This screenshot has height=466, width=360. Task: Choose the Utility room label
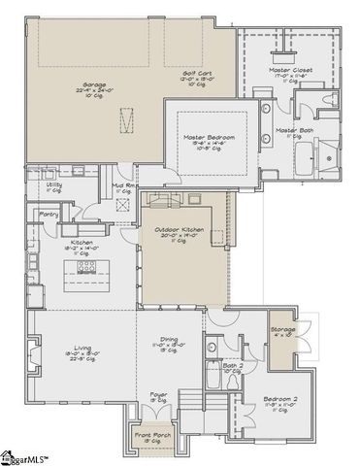pos(54,183)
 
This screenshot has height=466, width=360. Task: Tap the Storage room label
pos(283,331)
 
